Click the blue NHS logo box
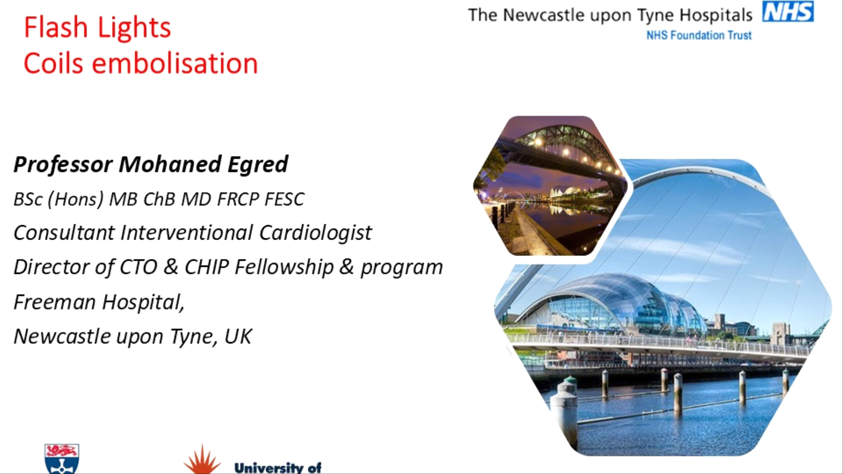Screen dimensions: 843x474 [x=788, y=11]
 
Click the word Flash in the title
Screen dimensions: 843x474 [x=56, y=27]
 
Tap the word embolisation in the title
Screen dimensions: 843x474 [x=175, y=63]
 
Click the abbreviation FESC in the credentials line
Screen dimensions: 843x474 [x=285, y=199]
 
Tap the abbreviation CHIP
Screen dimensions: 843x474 [x=207, y=267]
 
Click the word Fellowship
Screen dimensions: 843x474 [x=284, y=267]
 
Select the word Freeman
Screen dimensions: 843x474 [x=54, y=302]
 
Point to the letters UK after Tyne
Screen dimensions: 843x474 [x=238, y=337]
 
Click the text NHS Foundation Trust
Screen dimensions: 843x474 [x=699, y=35]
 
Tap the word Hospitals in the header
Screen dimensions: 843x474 [x=716, y=16]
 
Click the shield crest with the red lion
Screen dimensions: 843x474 [x=62, y=459]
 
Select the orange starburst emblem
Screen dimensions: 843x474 [x=202, y=460]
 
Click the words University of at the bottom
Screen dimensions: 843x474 [x=278, y=468]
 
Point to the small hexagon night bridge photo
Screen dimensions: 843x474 [x=551, y=186]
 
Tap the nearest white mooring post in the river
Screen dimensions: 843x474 [x=565, y=413]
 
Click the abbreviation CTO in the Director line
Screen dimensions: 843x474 [x=138, y=267]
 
